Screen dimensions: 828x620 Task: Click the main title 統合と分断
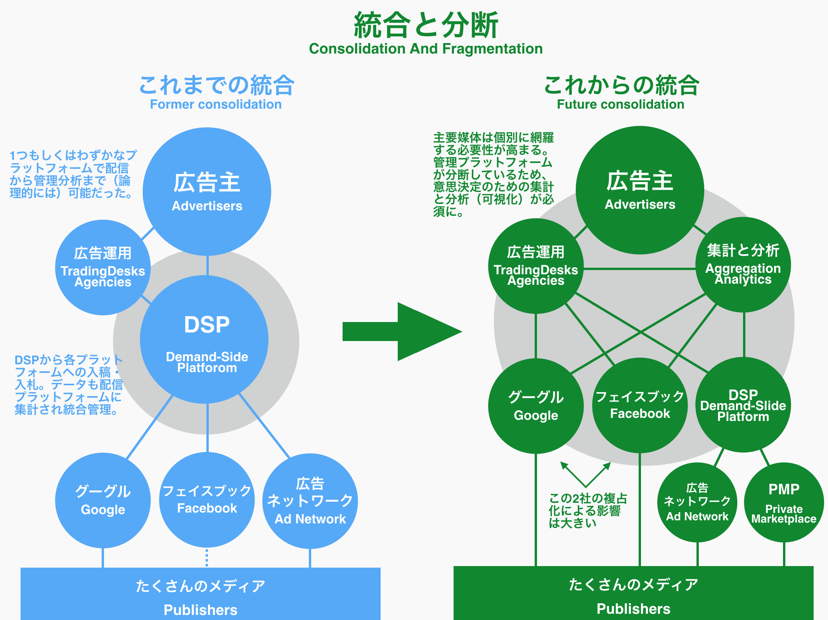(426, 25)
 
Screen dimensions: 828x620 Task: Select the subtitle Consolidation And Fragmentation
(426, 49)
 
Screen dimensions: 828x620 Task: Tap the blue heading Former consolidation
(216, 104)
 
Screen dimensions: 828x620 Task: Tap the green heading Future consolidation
(620, 104)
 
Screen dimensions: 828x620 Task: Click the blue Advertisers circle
(207, 192)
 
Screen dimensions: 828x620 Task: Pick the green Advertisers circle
(640, 190)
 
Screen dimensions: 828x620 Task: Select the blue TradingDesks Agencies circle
(103, 267)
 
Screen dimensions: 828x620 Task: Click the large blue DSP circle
(204, 339)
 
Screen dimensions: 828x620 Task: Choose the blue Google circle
(103, 501)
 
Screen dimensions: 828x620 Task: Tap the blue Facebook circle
(207, 500)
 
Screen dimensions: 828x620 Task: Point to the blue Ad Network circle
(310, 501)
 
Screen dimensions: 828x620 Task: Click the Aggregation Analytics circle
(743, 265)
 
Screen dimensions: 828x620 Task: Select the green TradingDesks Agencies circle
(536, 266)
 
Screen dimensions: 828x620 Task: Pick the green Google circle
(536, 406)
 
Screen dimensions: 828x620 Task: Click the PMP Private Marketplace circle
(784, 502)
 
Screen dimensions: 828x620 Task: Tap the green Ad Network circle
(697, 502)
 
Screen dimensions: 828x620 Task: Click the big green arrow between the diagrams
(402, 332)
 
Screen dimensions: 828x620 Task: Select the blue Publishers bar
(201, 594)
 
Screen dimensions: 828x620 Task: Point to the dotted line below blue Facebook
(207, 558)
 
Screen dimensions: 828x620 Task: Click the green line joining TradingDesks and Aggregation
(639, 268)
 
